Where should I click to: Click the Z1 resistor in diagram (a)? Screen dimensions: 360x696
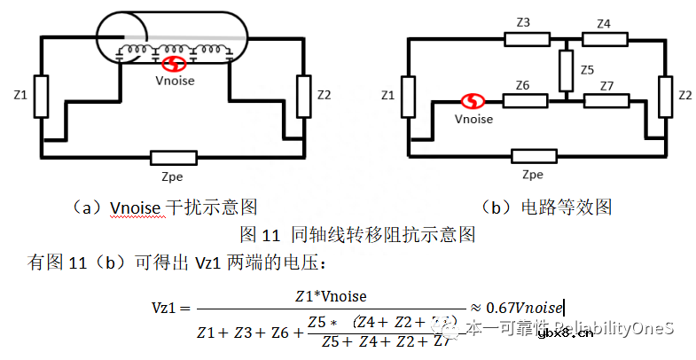point(42,97)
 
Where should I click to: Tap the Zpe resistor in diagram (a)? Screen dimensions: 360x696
point(173,159)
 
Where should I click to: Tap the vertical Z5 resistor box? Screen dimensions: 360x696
point(564,70)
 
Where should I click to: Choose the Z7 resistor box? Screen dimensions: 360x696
point(605,100)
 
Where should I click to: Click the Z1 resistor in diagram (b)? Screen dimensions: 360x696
point(409,97)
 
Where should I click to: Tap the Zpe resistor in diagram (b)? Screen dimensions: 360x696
point(534,158)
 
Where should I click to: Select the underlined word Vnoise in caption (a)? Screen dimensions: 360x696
point(135,207)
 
